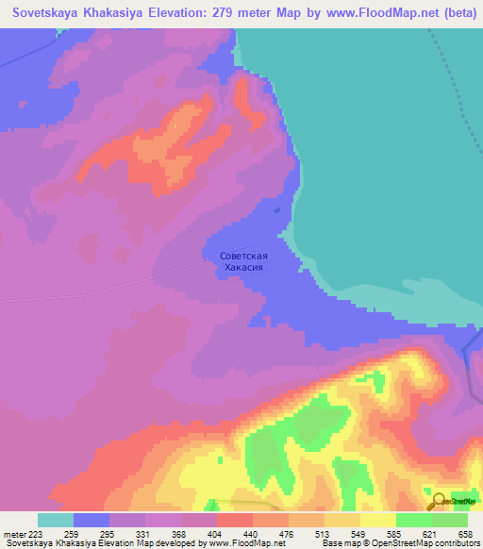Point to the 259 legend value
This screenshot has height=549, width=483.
point(92,533)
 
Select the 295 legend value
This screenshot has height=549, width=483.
point(127,533)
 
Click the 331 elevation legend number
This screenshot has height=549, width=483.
point(163,533)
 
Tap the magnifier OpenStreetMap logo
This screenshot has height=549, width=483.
point(437,500)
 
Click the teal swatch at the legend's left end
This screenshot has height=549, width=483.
point(56,520)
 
